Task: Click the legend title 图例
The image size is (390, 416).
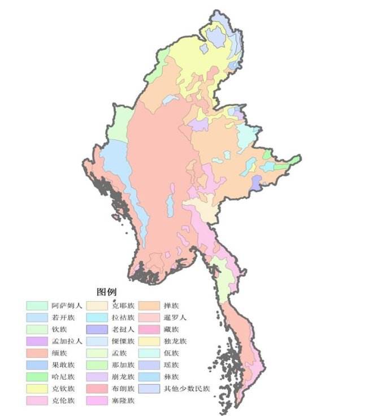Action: [x=107, y=292]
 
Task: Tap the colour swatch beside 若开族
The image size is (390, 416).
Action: [x=37, y=318]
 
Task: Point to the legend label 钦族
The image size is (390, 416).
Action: [x=59, y=330]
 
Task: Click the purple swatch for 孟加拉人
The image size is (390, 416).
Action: [x=37, y=341]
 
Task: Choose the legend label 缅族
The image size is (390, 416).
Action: [x=59, y=353]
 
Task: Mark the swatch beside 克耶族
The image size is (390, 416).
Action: [x=98, y=306]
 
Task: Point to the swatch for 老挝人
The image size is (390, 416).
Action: [x=98, y=330]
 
